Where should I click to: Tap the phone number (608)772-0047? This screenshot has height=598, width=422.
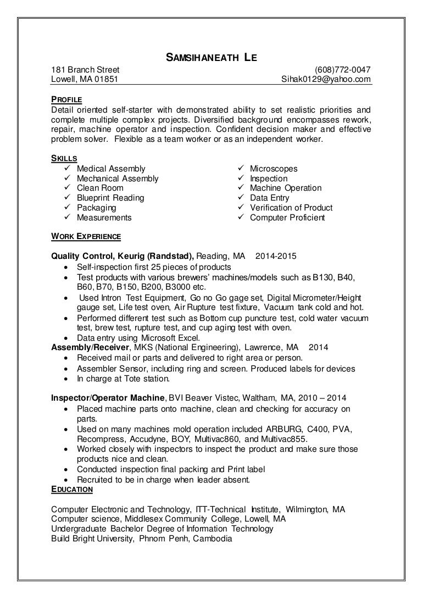(x=342, y=70)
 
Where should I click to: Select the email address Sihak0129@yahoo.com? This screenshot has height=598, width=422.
(x=326, y=80)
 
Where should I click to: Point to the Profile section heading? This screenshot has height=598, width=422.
(x=66, y=99)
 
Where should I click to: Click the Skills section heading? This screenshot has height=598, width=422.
(x=64, y=158)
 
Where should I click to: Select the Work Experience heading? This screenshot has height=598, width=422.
(x=86, y=236)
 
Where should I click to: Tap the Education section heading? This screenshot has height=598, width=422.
(x=72, y=489)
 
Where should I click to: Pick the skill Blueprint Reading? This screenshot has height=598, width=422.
(x=110, y=198)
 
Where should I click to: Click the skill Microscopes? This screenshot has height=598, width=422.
(x=273, y=169)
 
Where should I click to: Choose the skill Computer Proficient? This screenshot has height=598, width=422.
(x=287, y=218)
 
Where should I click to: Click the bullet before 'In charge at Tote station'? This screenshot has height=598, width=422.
(x=66, y=379)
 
